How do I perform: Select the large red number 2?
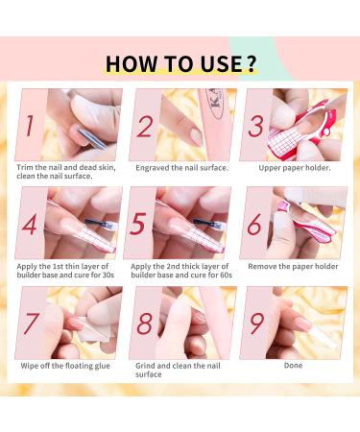pyautogui.click(x=146, y=125)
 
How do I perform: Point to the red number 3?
pyautogui.click(x=256, y=125)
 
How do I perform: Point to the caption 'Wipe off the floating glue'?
pyautogui.click(x=68, y=365)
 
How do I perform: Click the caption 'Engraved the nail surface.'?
pyautogui.click(x=180, y=166)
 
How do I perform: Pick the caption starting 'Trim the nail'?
pyautogui.click(x=68, y=172)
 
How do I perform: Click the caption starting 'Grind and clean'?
pyautogui.click(x=180, y=370)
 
